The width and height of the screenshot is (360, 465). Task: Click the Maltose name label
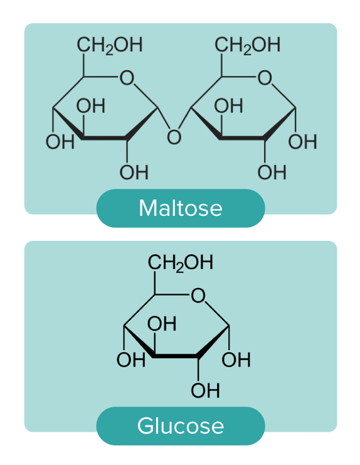tap(181, 208)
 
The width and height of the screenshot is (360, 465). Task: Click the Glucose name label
tap(181, 426)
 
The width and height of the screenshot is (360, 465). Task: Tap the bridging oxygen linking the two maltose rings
tap(174, 137)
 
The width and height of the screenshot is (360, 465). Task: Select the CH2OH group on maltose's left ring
tap(110, 45)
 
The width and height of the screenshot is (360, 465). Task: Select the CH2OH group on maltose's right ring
tap(247, 45)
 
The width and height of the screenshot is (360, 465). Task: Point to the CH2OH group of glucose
tap(181, 263)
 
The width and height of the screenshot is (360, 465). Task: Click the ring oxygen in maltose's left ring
tap(127, 78)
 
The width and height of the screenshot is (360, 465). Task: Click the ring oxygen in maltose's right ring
tap(265, 78)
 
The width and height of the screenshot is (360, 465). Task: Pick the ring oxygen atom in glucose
tap(198, 296)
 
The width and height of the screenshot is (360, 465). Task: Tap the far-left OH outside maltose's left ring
tap(60, 141)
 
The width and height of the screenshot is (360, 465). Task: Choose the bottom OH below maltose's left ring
tap(134, 173)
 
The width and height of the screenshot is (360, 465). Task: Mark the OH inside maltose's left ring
tap(91, 106)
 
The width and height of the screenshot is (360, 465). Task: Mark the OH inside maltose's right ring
tap(229, 106)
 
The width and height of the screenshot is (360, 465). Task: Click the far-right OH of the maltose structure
tap(302, 141)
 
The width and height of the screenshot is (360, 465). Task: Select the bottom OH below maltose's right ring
tap(272, 173)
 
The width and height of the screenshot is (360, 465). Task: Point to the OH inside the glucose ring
tap(162, 324)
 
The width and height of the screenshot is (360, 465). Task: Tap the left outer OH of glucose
tap(131, 360)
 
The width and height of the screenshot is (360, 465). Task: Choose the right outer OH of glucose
tap(236, 360)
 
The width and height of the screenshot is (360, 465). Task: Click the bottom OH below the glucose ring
tap(205, 390)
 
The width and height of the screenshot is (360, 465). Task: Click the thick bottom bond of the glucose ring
tap(176, 356)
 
